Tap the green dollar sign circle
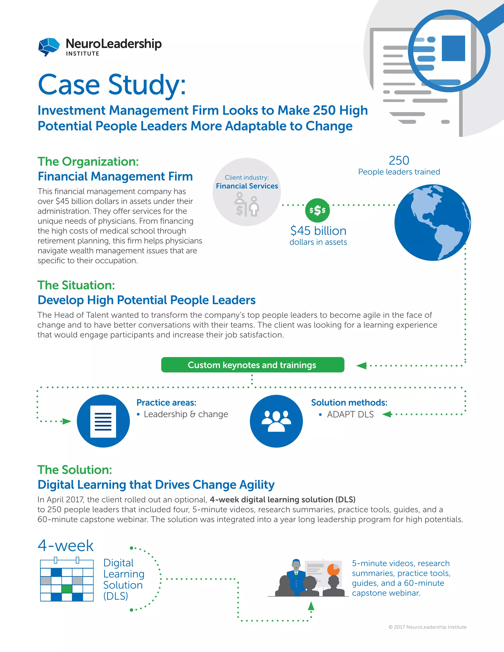[317, 210]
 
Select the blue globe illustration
[432, 222]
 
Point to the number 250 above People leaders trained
[399, 161]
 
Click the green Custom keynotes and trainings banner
[252, 365]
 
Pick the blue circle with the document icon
[103, 421]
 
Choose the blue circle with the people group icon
[276, 421]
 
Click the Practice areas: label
[166, 403]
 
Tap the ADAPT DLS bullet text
[350, 414]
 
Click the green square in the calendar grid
[67, 589]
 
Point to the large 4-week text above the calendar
[66, 546]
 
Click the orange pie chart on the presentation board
[333, 570]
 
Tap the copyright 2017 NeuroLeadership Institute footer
[427, 627]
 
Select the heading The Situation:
[76, 285]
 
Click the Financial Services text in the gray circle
[247, 186]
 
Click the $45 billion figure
[318, 231]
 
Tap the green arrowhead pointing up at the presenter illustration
[311, 606]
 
